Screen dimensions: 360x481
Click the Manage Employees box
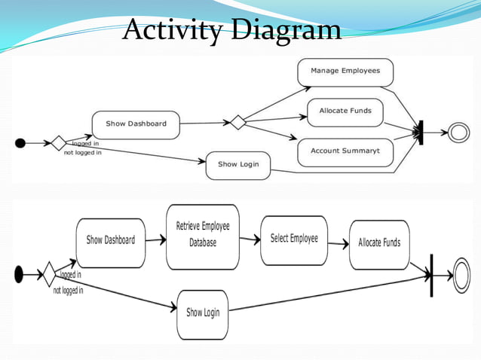345,72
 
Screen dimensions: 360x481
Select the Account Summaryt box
345,151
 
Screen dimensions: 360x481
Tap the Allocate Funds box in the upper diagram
345,111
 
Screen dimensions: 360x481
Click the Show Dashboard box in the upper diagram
136,124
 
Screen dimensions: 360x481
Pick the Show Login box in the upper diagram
237,165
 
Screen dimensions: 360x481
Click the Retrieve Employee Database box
203,236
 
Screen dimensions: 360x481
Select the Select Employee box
294,239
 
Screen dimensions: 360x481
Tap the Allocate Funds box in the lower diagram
379,243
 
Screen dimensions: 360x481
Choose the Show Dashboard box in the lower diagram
110,241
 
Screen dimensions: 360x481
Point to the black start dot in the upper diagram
20,143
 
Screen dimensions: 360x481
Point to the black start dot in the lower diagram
19,275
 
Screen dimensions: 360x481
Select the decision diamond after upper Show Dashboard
238,122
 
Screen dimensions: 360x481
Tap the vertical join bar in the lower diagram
431,276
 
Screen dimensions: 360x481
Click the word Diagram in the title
286,31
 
